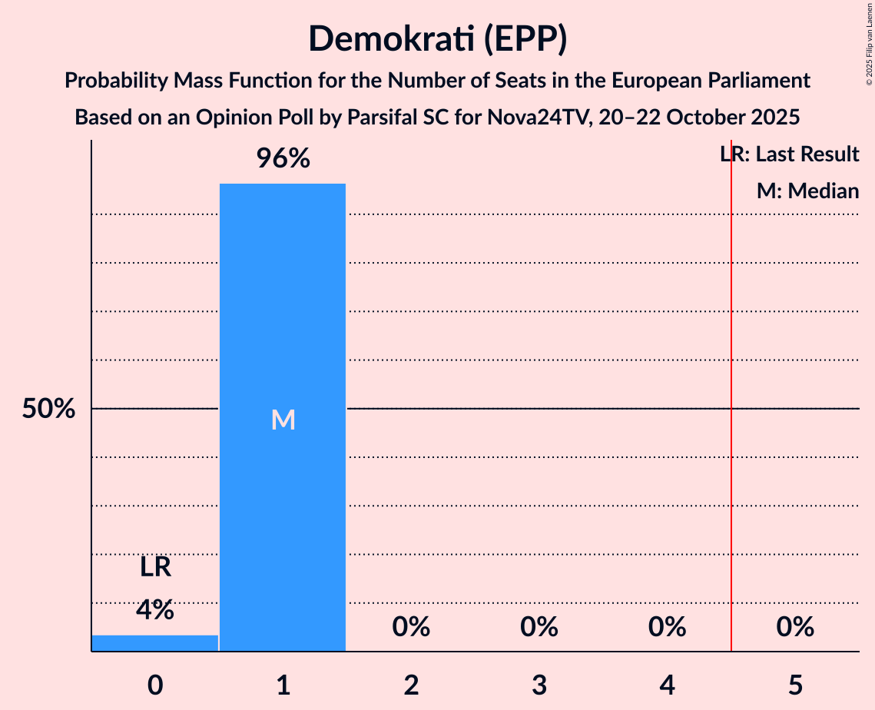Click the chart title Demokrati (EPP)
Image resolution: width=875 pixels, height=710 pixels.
[x=437, y=38]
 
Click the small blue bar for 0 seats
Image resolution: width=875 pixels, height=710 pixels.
[x=155, y=643]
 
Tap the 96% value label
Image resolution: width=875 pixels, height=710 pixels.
[x=283, y=159]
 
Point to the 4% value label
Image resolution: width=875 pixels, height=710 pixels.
[x=155, y=610]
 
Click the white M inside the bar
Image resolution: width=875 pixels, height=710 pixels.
[x=283, y=420]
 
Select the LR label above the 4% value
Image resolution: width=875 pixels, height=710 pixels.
[x=155, y=568]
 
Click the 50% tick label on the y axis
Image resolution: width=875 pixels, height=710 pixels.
[x=48, y=409]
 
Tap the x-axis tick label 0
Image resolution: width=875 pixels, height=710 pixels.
[x=155, y=684]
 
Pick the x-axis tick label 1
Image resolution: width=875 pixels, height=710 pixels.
[x=283, y=684]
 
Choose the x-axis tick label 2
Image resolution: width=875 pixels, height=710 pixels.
[x=411, y=684]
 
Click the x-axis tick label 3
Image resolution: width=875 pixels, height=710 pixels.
[x=539, y=684]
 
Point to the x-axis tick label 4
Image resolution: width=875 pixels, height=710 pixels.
[x=667, y=684]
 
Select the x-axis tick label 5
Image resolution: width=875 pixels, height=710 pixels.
[x=795, y=684]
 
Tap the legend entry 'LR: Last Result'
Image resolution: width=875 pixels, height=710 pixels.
[x=790, y=154]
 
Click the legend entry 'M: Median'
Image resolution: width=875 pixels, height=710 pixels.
[x=807, y=191]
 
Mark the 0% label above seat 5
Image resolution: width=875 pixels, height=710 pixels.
[x=795, y=628]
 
